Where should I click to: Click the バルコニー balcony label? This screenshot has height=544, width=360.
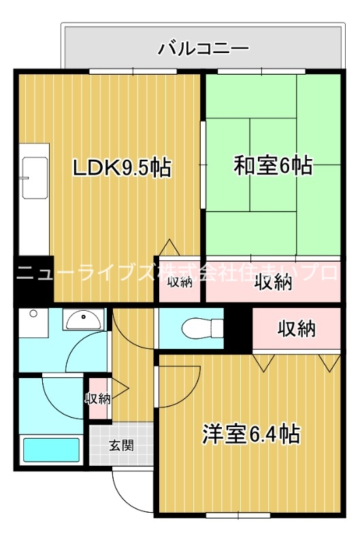pyautogui.click(x=203, y=48)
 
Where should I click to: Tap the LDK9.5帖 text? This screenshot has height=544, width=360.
pyautogui.click(x=122, y=167)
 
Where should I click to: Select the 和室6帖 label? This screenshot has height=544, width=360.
pyautogui.click(x=273, y=165)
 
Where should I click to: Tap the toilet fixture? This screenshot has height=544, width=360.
pyautogui.click(x=195, y=327)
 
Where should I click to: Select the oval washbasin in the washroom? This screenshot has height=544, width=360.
pyautogui.click(x=84, y=318)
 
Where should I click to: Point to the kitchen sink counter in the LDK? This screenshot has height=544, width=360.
pyautogui.click(x=33, y=197)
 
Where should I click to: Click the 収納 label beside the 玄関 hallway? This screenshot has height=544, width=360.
pyautogui.click(x=97, y=398)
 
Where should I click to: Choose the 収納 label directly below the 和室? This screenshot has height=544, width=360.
pyautogui.click(x=273, y=282)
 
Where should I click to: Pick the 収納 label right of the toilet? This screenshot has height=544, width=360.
pyautogui.click(x=297, y=329)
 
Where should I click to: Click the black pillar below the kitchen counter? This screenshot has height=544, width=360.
pyautogui.click(x=33, y=279)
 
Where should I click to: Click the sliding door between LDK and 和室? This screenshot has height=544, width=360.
pyautogui.click(x=202, y=163)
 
